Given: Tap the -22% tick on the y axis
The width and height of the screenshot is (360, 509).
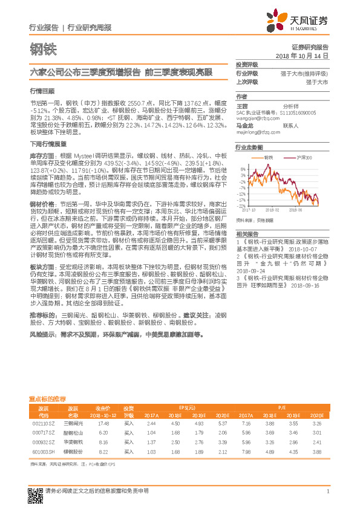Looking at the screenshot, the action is [x=241, y=206].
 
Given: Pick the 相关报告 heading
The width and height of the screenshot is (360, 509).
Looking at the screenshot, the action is [x=246, y=233].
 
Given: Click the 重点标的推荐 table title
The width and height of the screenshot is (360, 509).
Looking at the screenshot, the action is [x=48, y=400].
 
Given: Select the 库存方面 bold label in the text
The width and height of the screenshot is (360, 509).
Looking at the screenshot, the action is [x=42, y=155].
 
